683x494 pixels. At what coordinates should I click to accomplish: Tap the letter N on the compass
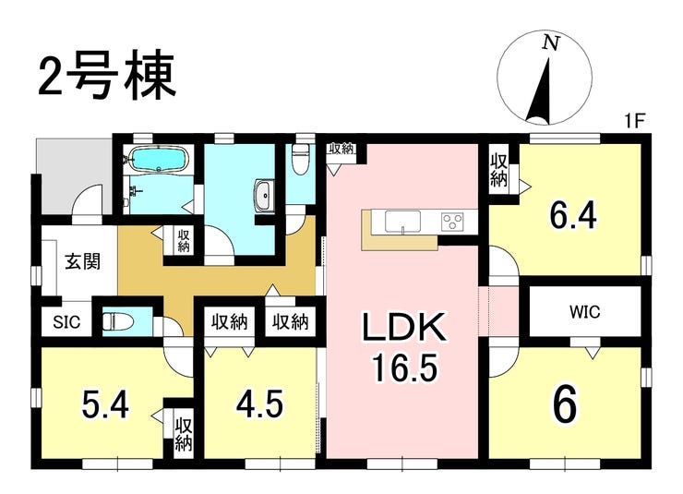pos(551,42)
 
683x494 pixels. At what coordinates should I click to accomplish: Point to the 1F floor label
pos(634,121)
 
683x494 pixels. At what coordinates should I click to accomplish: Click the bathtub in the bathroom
pos(160,159)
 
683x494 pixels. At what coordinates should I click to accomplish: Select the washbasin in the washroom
pos(264,195)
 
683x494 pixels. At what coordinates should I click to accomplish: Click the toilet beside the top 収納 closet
pos(301,159)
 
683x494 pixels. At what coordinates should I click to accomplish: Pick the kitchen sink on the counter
pos(403,222)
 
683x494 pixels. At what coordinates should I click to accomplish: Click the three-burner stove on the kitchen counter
pos(453,221)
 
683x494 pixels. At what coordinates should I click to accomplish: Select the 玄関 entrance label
pos(83,261)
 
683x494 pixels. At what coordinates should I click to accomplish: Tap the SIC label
pos(66,322)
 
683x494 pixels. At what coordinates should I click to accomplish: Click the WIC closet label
pos(584,312)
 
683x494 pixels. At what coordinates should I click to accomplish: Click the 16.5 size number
pos(403,367)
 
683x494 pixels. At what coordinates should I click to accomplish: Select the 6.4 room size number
pos(572,215)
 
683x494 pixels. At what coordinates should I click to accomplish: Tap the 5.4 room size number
pos(105,404)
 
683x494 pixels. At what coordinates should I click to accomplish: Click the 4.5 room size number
pos(259,404)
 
